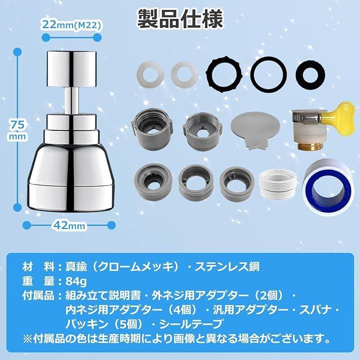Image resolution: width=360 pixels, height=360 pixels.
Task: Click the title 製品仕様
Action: click(x=180, y=19)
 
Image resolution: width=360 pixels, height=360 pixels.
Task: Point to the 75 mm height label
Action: click(x=17, y=130)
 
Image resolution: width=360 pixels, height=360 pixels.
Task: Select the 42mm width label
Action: click(x=69, y=225)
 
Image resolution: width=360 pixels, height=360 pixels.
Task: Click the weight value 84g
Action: click(x=76, y=281)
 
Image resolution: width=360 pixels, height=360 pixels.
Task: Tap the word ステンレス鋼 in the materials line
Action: click(x=227, y=266)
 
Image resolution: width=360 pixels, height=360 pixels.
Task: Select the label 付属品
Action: click(x=38, y=295)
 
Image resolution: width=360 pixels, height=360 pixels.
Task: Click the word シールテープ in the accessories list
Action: click(x=190, y=324)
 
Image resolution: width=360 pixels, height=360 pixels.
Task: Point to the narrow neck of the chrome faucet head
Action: click(x=71, y=100)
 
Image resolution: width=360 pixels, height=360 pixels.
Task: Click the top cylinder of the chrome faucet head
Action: click(x=71, y=68)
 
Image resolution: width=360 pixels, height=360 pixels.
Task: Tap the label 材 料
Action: click(x=38, y=266)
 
